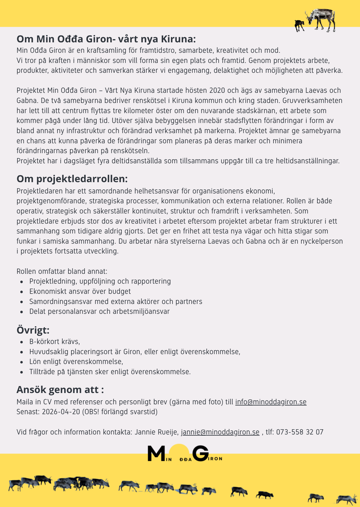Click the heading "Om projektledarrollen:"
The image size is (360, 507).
coord(72,179)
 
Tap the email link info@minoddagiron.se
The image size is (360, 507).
coord(271,402)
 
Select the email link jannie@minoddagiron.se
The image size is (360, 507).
coord(220,432)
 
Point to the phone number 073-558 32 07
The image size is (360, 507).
coord(300,432)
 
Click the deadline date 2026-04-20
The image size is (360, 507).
coord(61,412)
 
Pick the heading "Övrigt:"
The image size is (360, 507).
coord(33,330)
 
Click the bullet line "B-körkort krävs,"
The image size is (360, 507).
coord(55,342)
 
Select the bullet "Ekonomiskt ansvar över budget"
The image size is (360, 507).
coord(80,291)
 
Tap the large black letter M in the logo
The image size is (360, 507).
coord(156,454)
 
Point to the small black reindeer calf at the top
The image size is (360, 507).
coord(299,26)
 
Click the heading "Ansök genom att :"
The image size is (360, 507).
coord(60,390)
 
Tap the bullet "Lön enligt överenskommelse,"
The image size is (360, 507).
coord(76,362)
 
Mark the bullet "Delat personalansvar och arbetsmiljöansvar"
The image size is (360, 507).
coord(99,312)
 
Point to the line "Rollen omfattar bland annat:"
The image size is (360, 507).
coord(62,271)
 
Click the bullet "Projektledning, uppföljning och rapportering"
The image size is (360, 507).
coord(100,281)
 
